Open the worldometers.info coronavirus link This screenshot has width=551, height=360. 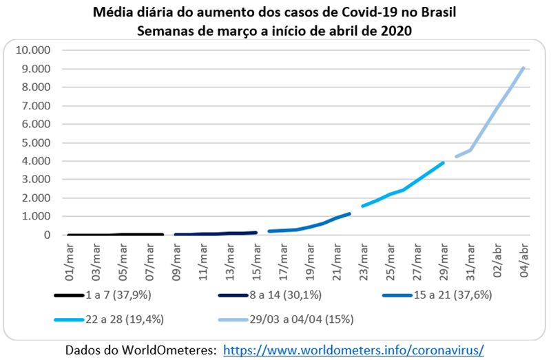(x=353, y=350)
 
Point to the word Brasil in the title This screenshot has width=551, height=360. (x=436, y=14)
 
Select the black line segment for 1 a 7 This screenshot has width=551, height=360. (x=114, y=234)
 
